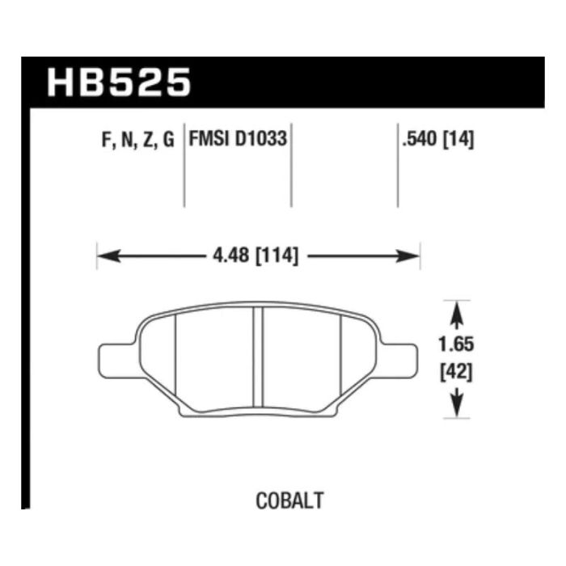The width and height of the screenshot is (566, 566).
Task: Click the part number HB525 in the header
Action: [x=119, y=82]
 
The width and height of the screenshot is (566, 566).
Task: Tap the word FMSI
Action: [x=210, y=138]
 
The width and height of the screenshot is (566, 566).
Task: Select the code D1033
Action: [x=261, y=138]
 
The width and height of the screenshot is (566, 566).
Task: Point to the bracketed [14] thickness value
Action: [x=458, y=139]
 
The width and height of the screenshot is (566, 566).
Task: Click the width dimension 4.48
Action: [x=231, y=256]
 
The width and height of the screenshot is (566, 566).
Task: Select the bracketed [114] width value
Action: [x=277, y=256]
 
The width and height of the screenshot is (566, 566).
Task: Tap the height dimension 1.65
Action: [x=456, y=344]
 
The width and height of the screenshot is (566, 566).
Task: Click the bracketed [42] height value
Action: [x=456, y=372]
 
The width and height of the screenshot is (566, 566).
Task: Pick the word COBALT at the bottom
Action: [x=289, y=501]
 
